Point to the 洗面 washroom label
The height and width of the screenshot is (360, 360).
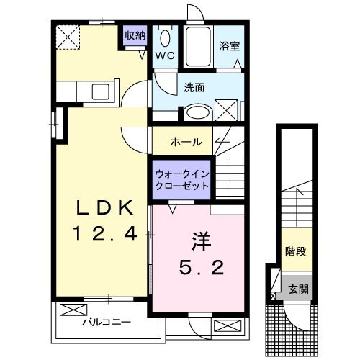pos(194,88)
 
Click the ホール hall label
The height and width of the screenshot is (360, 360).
pos(186,142)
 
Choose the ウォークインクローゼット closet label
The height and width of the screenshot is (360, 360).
pos(182,180)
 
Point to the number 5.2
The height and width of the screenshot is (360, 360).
pos(202,268)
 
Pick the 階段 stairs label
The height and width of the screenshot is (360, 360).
pos(294,253)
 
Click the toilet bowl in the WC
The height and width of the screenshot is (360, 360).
pos(166,38)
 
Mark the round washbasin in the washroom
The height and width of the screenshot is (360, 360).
pos(194,113)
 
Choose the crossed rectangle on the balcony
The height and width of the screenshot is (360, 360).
pos(72,310)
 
